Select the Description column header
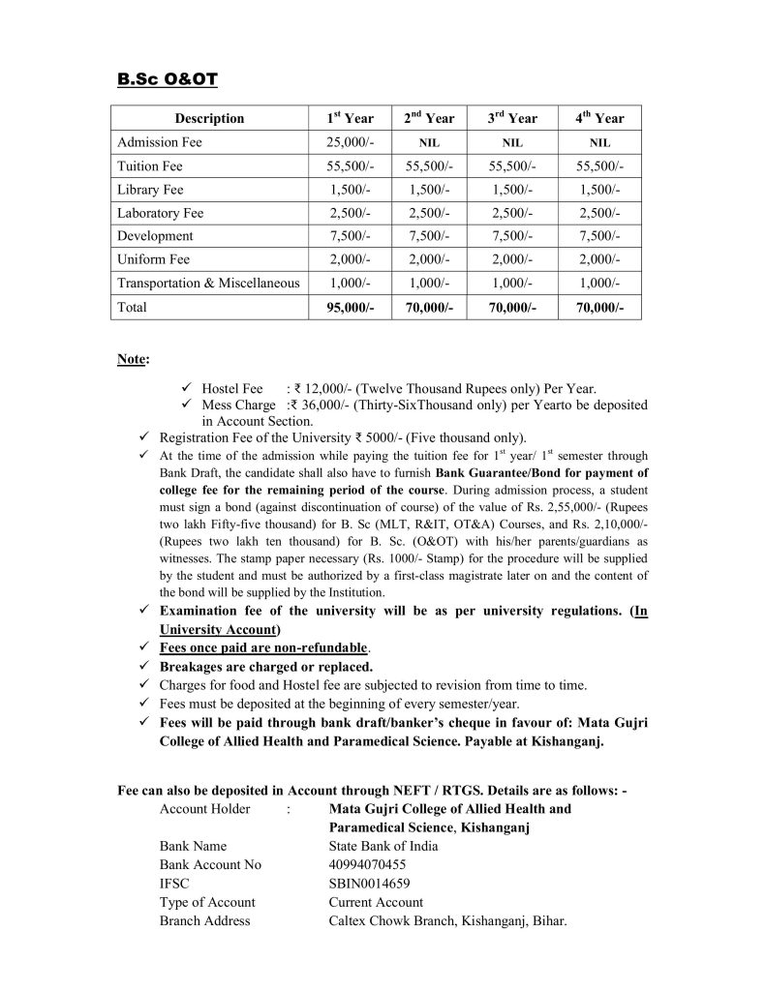(x=209, y=119)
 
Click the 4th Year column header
(x=599, y=119)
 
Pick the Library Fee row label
(x=150, y=190)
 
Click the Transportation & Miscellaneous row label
(x=208, y=283)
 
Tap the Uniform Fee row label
(x=153, y=259)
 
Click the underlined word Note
(x=132, y=359)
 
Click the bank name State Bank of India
(x=383, y=846)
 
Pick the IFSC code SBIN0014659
(x=369, y=884)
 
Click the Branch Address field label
(x=204, y=920)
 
